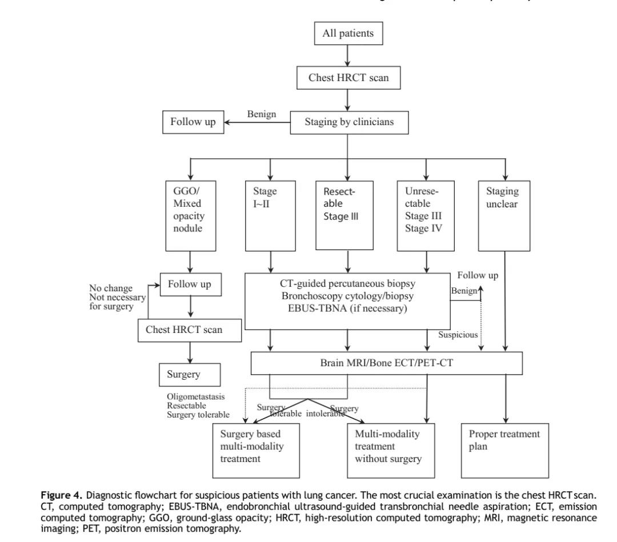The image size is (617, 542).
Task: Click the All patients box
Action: pos(348,34)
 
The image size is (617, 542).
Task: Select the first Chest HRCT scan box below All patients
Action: pos(348,78)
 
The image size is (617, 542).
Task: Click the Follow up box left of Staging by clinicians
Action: pos(193,122)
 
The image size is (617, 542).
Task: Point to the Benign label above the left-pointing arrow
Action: pos(261,114)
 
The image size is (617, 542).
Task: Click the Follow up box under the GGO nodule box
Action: pos(190,284)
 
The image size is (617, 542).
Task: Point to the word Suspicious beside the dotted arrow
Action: pos(458,335)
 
